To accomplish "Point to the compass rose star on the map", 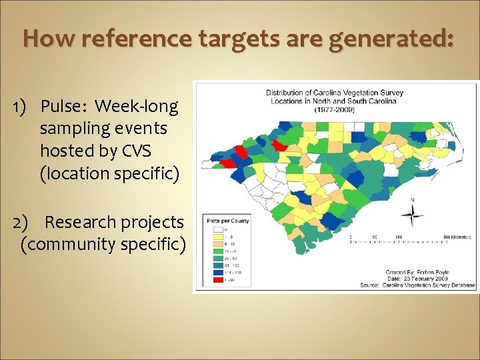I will [413, 215].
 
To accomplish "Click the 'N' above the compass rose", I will [413, 200].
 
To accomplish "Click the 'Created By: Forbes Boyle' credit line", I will [419, 273].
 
